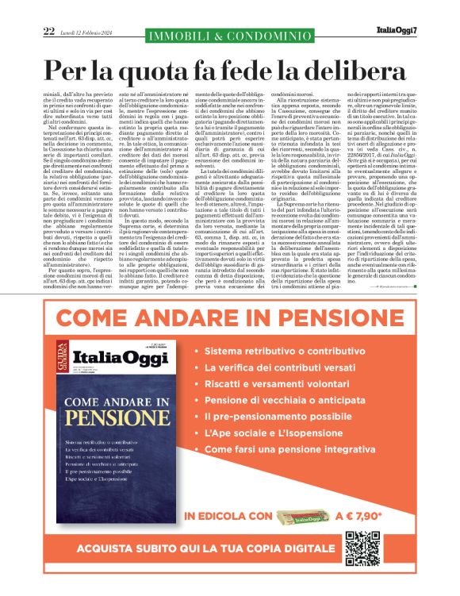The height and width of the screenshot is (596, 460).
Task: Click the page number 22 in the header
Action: (x=49, y=31)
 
